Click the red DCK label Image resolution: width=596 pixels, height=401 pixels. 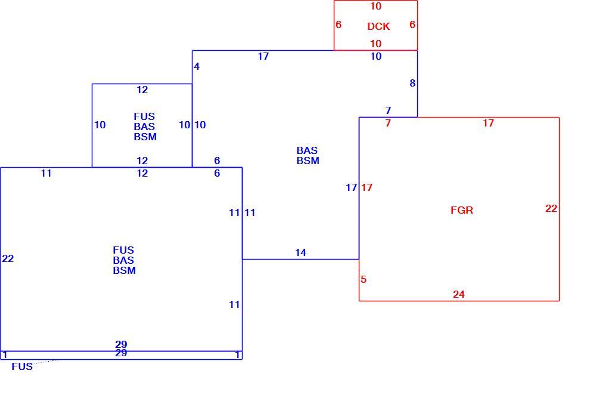click(x=378, y=26)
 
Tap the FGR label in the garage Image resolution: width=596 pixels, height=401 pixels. click(x=462, y=210)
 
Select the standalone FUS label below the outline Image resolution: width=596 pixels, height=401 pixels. click(x=22, y=366)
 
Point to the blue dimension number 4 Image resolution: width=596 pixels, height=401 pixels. click(x=197, y=66)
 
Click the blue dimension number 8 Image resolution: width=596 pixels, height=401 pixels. click(x=412, y=83)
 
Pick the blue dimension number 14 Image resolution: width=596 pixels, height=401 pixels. click(x=300, y=252)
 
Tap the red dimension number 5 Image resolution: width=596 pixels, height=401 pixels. click(x=364, y=279)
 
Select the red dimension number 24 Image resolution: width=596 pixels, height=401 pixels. click(x=459, y=294)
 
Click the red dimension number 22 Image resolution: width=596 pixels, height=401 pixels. click(x=551, y=208)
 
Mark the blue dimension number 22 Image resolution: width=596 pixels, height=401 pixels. click(x=8, y=258)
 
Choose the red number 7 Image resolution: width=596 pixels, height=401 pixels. click(x=388, y=123)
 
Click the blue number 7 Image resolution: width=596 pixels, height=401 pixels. click(x=388, y=110)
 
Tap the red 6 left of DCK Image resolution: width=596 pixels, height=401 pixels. click(x=339, y=24)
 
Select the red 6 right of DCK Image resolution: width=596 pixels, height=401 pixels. click(x=412, y=24)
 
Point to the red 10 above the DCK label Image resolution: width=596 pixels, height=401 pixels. click(x=375, y=6)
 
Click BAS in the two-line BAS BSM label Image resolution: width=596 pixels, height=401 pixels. click(x=307, y=150)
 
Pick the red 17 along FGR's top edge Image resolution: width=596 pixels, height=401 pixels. click(x=489, y=123)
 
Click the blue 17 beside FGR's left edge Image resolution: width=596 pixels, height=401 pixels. click(x=351, y=187)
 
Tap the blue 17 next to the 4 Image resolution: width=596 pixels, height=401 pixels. click(x=263, y=56)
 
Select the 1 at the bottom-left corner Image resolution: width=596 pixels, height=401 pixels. click(x=5, y=355)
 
